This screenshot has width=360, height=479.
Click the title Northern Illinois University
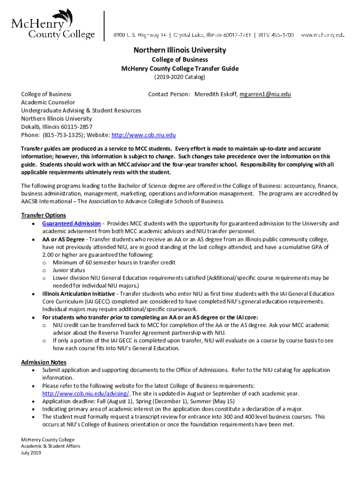pyautogui.click(x=180, y=50)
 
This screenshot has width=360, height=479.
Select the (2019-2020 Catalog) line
pyautogui.click(x=180, y=77)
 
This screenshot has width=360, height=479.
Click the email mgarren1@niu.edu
pyautogui.click(x=265, y=94)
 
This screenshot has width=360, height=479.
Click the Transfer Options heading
pyautogui.click(x=43, y=215)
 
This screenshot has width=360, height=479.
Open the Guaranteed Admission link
pyautogui.click(x=71, y=224)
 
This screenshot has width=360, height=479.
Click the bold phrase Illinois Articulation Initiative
pyautogui.click(x=78, y=294)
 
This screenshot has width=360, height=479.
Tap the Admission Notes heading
pyautogui.click(x=44, y=362)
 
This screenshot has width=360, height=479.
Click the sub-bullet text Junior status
pyautogui.click(x=69, y=270)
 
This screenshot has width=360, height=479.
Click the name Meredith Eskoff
pyautogui.click(x=216, y=94)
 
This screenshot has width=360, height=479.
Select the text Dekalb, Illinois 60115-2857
pyautogui.click(x=57, y=127)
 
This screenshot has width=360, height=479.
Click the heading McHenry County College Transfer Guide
pyautogui.click(x=180, y=68)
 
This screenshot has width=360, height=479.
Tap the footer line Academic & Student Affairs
pyautogui.click(x=50, y=446)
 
